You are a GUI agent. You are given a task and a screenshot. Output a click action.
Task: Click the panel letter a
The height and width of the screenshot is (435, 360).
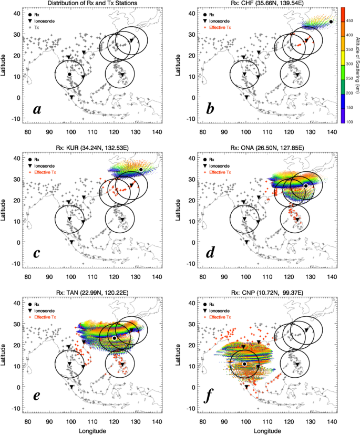tap(37, 109)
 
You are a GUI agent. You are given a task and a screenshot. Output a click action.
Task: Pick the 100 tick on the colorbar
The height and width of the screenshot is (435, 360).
tap(349, 122)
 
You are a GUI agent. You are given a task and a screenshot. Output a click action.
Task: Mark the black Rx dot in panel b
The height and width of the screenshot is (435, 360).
tap(331, 22)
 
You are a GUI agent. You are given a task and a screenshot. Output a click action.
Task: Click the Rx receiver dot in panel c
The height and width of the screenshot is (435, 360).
tap(141, 170)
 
